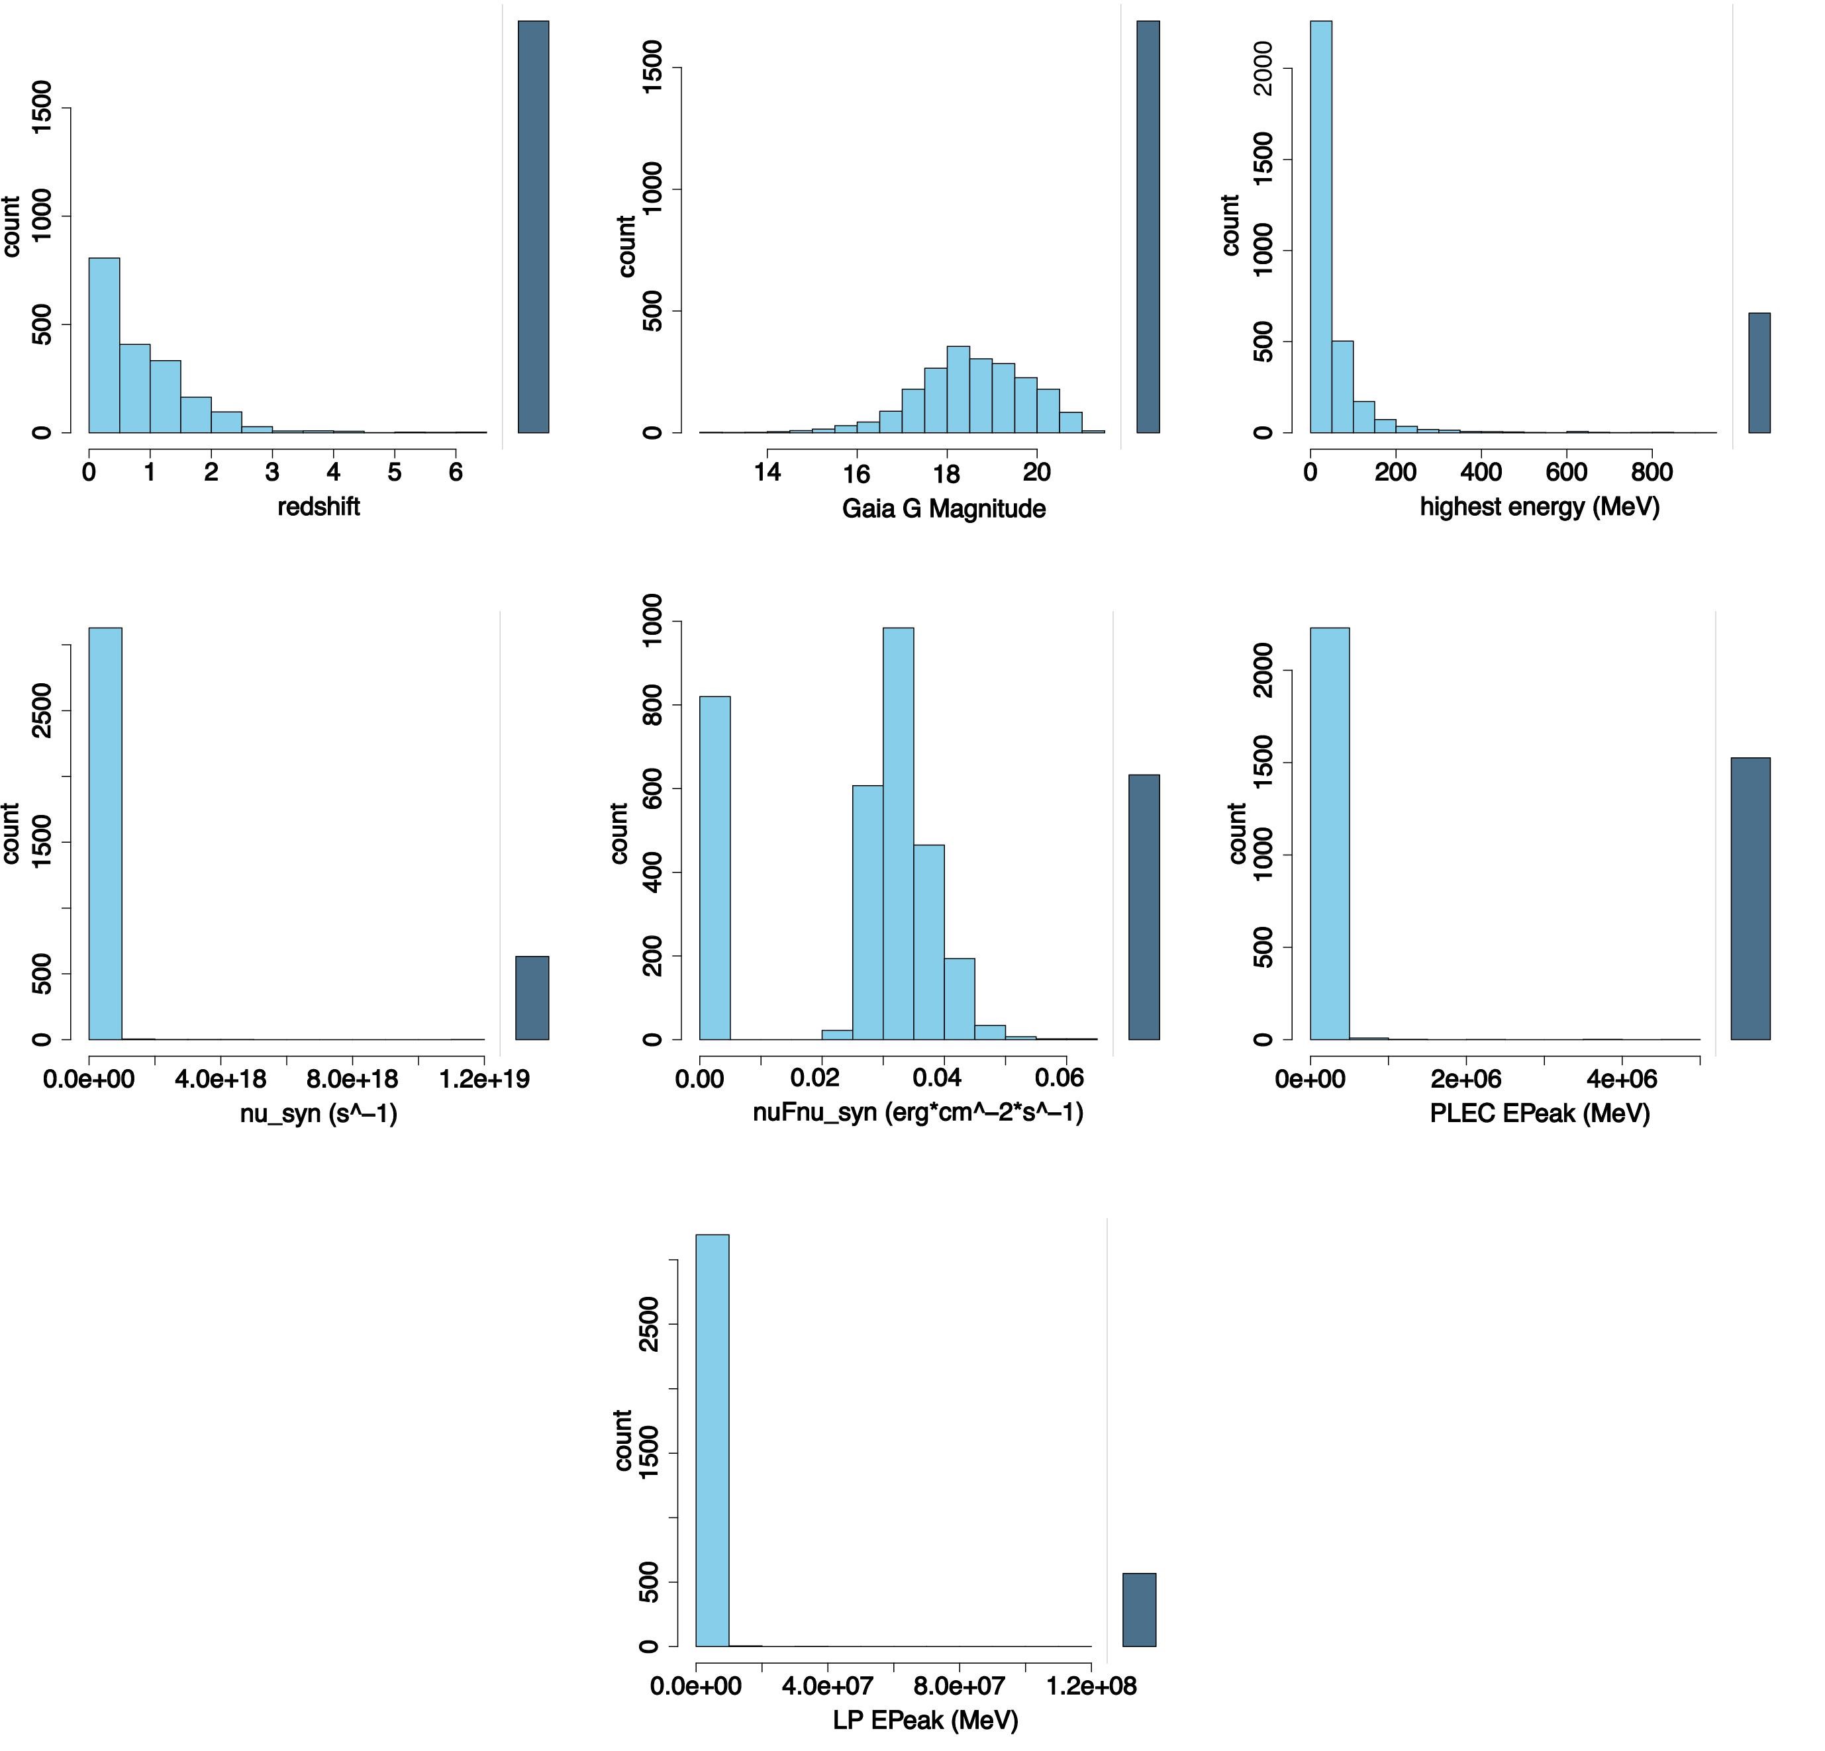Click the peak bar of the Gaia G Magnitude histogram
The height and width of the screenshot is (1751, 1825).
coord(958,389)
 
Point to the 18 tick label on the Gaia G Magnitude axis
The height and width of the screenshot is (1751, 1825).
coord(946,474)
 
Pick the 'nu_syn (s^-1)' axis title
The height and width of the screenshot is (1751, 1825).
coord(319,1113)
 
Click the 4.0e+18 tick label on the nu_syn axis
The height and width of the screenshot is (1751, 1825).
coord(221,1079)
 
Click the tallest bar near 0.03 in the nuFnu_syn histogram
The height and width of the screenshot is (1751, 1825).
coord(898,833)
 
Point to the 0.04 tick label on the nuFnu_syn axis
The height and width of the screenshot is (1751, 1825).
coord(937,1079)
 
